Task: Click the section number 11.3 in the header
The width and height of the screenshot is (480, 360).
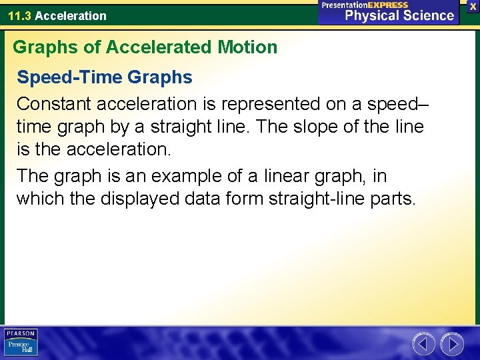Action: click(x=20, y=15)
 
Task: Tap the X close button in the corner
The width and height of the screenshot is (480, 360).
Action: click(x=473, y=6)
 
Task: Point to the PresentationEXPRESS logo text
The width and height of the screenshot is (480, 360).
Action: click(x=365, y=5)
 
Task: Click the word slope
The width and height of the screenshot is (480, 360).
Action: click(x=332, y=127)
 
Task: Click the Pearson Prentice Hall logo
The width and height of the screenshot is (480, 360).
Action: click(x=21, y=342)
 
